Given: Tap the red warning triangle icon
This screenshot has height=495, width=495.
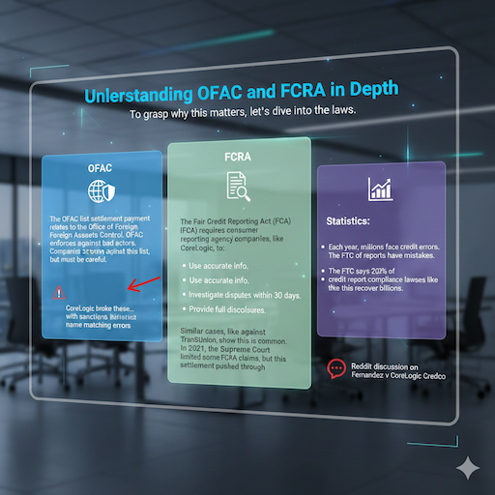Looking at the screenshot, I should (x=60, y=291).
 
